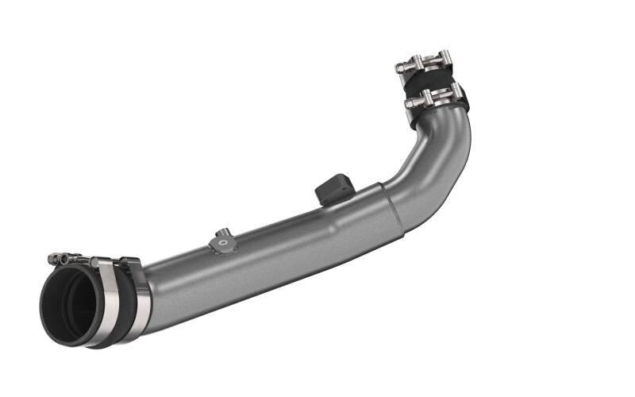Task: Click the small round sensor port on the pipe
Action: coord(221,236)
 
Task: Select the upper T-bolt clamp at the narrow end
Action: coord(425,64)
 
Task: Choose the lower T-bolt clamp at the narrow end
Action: coord(433,98)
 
